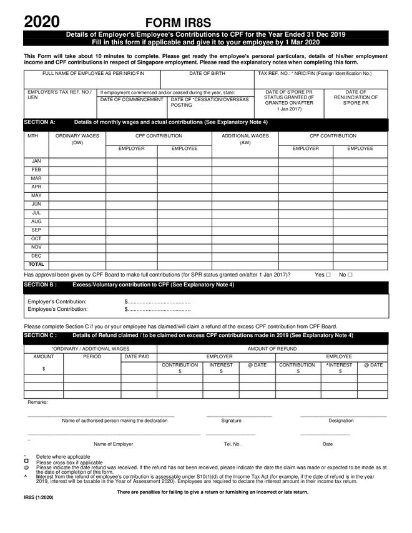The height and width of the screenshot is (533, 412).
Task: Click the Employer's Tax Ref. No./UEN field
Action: (59, 104)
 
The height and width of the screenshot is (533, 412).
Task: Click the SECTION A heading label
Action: (39, 122)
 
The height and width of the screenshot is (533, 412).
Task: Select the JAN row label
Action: (36, 161)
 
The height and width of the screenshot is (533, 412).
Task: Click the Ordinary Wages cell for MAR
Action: (77, 178)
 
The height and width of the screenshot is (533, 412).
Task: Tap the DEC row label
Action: (36, 256)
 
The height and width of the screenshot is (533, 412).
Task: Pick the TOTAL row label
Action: (36, 265)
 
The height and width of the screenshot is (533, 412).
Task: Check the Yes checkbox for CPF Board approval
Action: (328, 275)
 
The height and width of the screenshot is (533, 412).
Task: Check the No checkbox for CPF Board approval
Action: (350, 275)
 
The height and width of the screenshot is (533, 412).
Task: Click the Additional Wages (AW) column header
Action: (245, 139)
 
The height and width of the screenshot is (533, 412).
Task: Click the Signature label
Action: (231, 421)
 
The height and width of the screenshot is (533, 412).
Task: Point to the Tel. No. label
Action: (232, 444)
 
